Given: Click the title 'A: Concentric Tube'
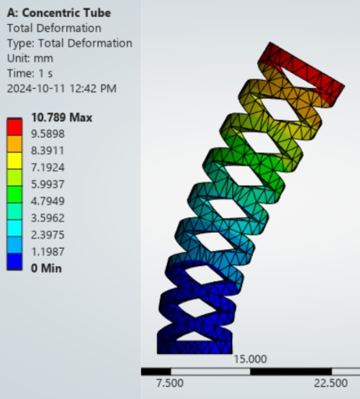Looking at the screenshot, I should (59, 13).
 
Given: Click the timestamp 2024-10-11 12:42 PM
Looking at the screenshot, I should (61, 88).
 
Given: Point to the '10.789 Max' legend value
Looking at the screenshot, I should (62, 118).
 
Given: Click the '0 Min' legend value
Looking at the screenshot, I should (46, 268).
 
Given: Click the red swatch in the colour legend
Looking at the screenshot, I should (14, 126).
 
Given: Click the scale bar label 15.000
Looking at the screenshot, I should (250, 359).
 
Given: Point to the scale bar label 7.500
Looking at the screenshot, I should (170, 383).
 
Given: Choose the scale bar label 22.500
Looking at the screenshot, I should (331, 383).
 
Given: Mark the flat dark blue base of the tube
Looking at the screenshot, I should (194, 343).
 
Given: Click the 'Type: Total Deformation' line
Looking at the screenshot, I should (69, 43).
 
